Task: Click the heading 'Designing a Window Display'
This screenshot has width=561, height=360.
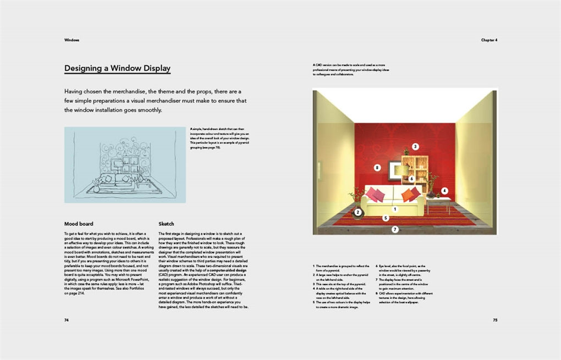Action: coord(117,69)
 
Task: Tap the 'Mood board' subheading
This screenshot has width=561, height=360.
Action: coord(79,224)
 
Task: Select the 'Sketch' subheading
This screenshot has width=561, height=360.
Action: coord(166,224)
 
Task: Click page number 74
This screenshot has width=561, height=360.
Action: coord(67,319)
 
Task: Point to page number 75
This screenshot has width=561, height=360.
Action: coord(494,319)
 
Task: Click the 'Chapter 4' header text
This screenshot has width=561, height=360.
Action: coord(488,40)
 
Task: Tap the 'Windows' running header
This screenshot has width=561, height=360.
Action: coord(71,40)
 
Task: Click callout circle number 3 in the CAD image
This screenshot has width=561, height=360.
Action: coord(416,147)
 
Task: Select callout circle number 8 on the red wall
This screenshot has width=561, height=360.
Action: coord(377,167)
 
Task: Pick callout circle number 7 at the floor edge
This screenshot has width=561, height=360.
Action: coord(395,229)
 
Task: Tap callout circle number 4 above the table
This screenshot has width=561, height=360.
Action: coord(444,191)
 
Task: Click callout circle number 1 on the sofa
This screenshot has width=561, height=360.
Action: coord(394,209)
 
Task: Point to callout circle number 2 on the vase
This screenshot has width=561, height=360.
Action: coord(358,212)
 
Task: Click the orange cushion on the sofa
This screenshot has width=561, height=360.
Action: coord(409,195)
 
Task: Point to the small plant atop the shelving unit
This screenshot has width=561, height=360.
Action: coord(406,152)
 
